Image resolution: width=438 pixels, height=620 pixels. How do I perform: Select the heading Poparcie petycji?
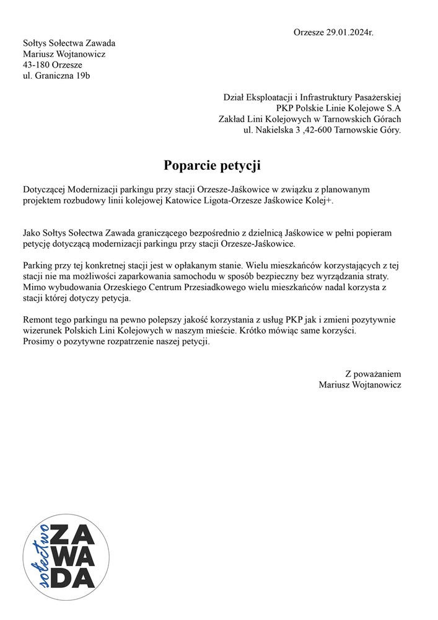[212, 165]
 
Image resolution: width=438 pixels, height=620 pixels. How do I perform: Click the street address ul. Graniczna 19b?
[60, 76]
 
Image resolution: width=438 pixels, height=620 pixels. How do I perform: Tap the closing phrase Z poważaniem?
[373, 374]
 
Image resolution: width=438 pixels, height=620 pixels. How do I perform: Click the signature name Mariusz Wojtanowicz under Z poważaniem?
[360, 385]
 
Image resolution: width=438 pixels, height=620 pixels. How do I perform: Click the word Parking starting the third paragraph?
[39, 265]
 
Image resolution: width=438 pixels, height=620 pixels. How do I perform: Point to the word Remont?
[38, 319]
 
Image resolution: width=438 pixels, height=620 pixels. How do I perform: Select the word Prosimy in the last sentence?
[40, 342]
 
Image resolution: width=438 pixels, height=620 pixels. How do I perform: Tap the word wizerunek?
[42, 330]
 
